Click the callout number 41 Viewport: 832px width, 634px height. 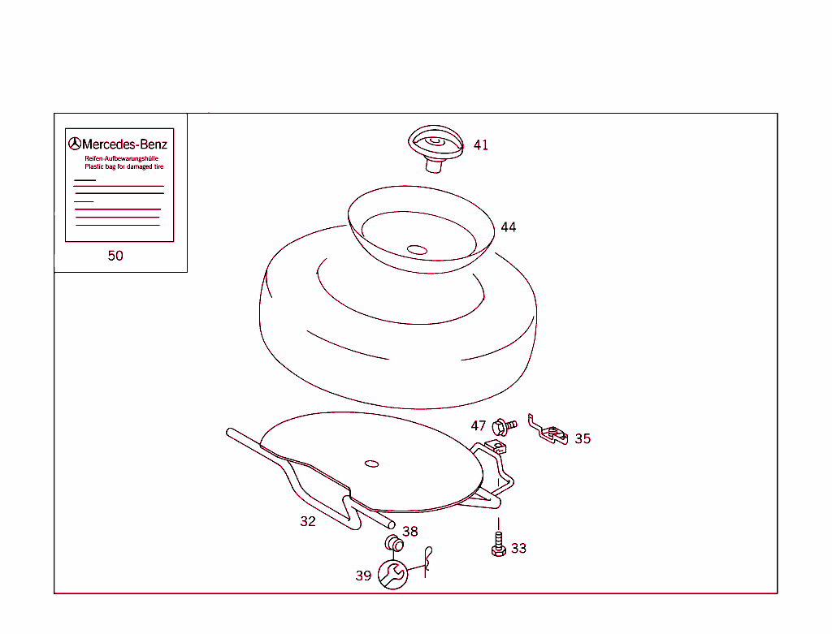click(x=481, y=144)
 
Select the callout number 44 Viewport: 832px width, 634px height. click(x=509, y=226)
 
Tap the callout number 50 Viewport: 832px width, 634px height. click(x=115, y=256)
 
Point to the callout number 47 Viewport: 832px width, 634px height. click(x=478, y=425)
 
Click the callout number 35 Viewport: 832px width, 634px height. click(x=583, y=438)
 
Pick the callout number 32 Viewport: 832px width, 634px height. click(x=308, y=521)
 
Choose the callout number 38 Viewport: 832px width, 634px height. click(x=410, y=531)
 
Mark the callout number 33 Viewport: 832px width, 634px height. click(x=518, y=548)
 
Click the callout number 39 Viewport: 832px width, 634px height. click(x=363, y=576)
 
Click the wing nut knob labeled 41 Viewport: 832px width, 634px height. click(x=435, y=149)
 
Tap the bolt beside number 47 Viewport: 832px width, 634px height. click(x=504, y=427)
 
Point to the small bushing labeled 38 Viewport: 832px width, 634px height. click(x=394, y=543)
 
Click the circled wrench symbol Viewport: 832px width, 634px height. click(x=392, y=574)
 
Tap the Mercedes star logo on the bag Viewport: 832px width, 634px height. click(x=75, y=144)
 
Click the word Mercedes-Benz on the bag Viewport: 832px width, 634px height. click(x=124, y=144)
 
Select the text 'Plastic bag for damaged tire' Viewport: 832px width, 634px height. click(x=124, y=166)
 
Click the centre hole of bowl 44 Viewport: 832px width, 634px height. click(x=417, y=250)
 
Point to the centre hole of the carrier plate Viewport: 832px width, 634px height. click(x=372, y=464)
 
